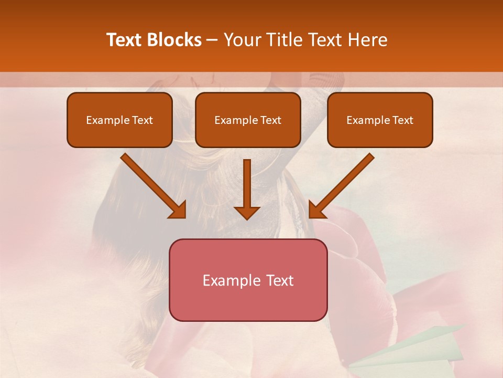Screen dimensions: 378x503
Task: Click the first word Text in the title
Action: click(x=126, y=40)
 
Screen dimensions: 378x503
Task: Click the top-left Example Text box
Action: click(x=119, y=120)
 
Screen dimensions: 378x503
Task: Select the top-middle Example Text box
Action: click(x=248, y=120)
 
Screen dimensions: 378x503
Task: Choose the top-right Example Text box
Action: click(x=380, y=120)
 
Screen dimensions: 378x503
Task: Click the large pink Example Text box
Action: click(x=248, y=280)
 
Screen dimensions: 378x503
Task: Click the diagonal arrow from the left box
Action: click(x=152, y=184)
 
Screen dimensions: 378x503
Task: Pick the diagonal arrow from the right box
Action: click(x=343, y=184)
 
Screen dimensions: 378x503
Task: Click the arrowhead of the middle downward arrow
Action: click(x=247, y=212)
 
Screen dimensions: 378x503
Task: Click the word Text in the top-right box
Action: click(x=403, y=120)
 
